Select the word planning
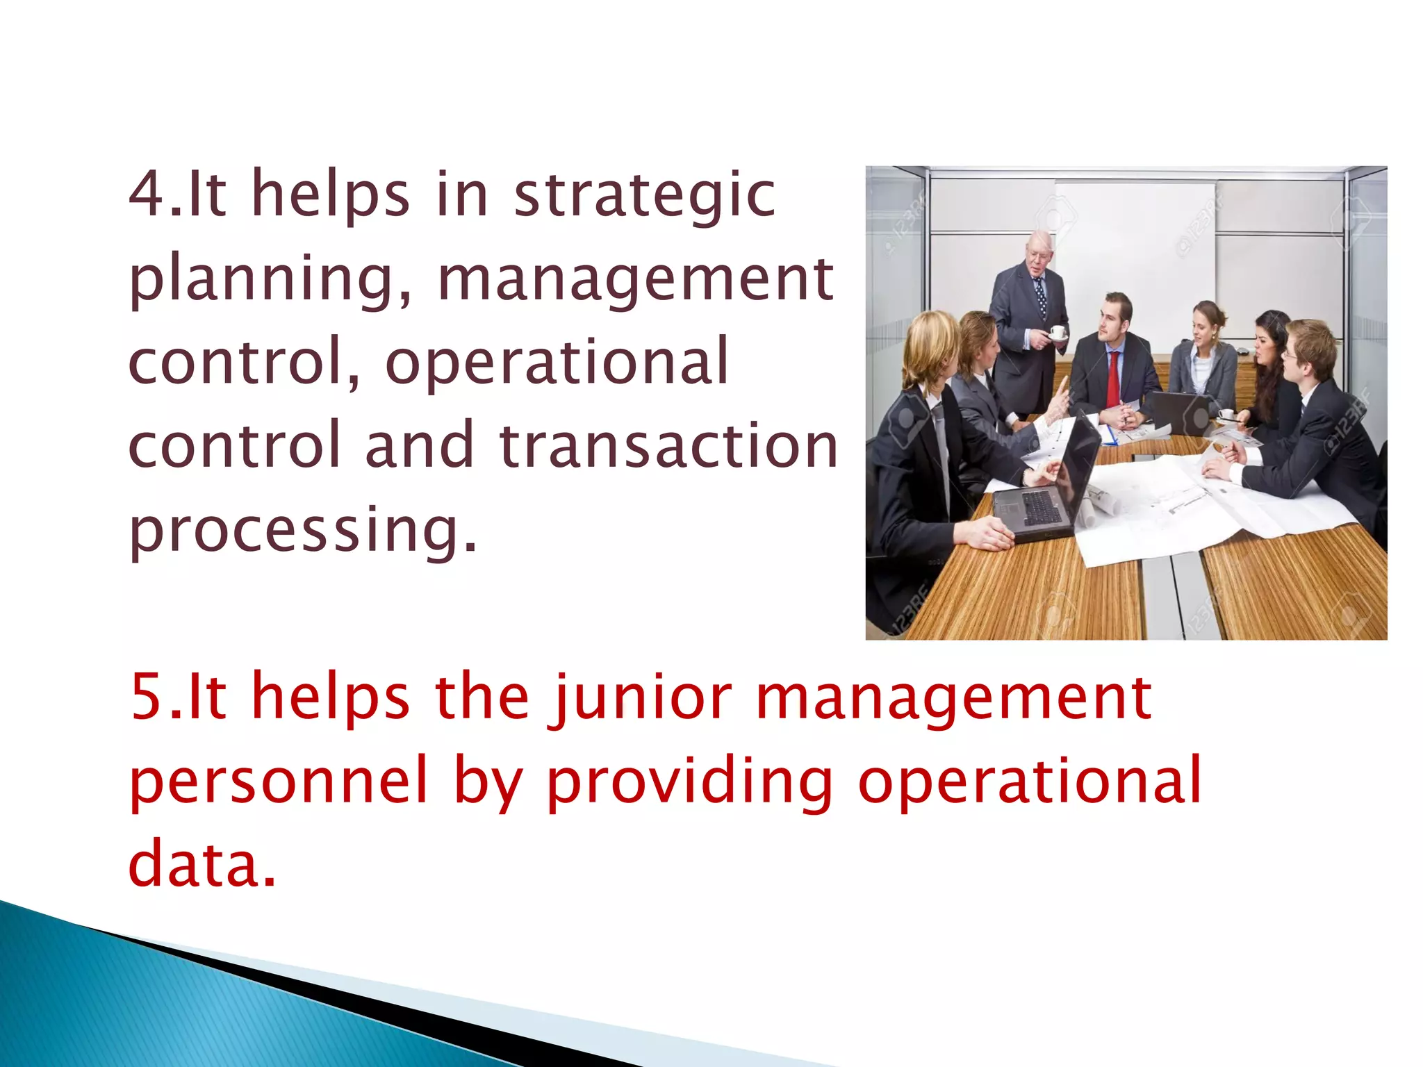click(270, 279)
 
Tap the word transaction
click(668, 445)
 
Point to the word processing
click(303, 531)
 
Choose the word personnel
click(278, 781)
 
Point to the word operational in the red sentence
click(1029, 781)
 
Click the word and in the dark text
click(419, 445)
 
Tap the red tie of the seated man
click(1113, 378)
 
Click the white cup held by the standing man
click(1057, 331)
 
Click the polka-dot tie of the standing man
click(1040, 295)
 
